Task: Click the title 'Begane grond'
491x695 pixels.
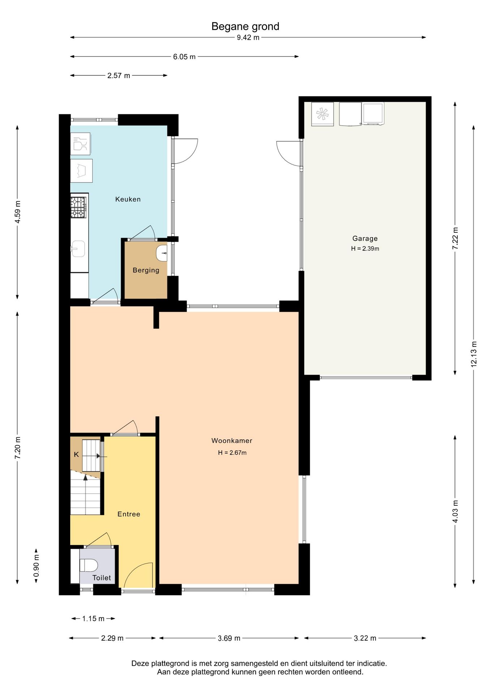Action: tap(245, 27)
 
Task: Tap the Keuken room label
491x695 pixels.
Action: tap(128, 199)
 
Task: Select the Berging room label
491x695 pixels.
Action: tap(146, 270)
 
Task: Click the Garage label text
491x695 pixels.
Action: tap(365, 239)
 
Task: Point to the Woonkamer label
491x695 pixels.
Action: tap(232, 441)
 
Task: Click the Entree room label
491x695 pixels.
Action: tap(129, 514)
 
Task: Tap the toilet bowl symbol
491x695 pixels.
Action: tap(89, 565)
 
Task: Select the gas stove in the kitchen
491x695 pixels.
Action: tap(78, 207)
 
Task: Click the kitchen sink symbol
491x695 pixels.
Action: tap(77, 249)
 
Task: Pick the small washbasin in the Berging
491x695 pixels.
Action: tap(162, 253)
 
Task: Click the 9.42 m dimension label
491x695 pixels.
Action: tap(248, 38)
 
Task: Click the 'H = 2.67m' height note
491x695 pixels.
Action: tap(232, 453)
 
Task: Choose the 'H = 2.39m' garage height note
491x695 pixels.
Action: tap(365, 249)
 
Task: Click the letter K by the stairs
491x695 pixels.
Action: tap(76, 455)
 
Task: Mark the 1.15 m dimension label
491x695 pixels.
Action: tap(93, 619)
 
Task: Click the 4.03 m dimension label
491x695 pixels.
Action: tap(455, 511)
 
